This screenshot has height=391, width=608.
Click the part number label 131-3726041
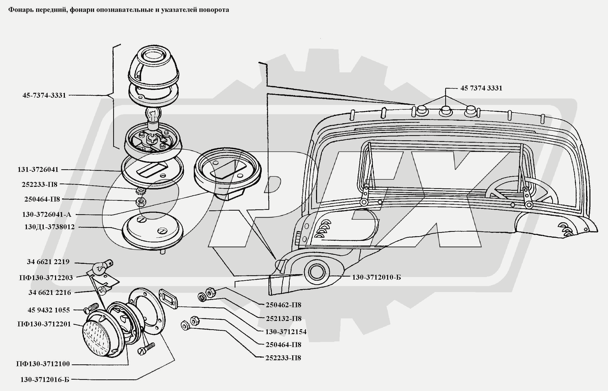tap(38, 170)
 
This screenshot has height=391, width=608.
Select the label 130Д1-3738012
tap(49, 227)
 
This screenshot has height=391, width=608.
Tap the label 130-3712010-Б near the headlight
tap(376, 277)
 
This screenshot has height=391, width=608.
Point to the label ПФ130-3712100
tap(43, 364)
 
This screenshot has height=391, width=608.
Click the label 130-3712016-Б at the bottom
tap(45, 380)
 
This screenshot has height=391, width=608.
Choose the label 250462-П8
tap(283, 305)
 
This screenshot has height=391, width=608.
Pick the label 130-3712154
tap(286, 332)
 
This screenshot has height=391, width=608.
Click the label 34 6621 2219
tap(48, 262)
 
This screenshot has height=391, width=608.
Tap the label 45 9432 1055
tap(49, 310)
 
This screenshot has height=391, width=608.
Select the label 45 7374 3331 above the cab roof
tap(481, 88)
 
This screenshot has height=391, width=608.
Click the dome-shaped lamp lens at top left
tap(153, 65)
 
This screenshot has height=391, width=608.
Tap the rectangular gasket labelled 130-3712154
tap(169, 299)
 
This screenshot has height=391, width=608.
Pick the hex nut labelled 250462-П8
tap(209, 292)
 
